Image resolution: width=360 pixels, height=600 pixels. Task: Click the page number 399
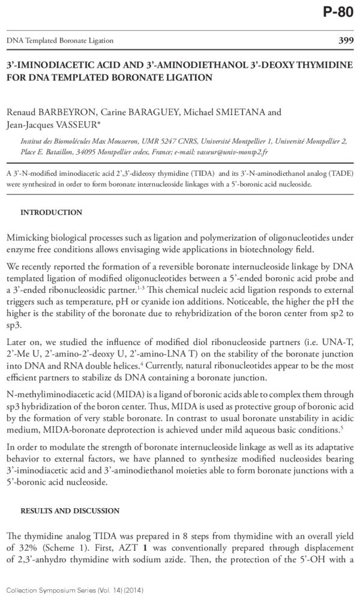coord(343,40)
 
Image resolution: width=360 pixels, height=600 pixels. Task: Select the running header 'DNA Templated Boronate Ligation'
coord(60,41)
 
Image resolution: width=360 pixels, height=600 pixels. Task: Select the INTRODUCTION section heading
coord(52,212)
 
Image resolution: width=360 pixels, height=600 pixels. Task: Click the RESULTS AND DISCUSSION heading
coord(70,511)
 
